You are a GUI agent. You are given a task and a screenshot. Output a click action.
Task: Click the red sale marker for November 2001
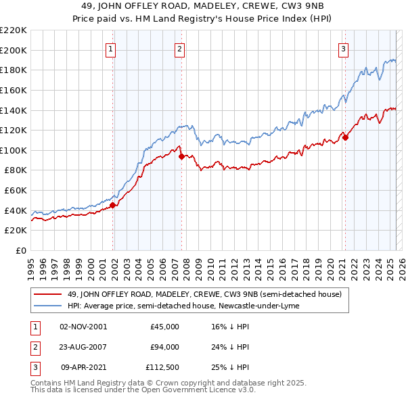113,206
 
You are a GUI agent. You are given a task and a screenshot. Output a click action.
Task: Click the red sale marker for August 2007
181,156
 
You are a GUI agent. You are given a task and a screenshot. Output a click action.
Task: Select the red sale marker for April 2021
345,138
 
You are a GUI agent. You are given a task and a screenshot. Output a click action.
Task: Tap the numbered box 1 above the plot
110,49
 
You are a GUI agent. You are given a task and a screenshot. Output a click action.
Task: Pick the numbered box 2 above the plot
179,49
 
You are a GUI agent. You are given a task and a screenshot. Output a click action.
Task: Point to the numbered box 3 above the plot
343,49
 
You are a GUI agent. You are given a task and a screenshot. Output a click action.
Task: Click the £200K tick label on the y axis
14,50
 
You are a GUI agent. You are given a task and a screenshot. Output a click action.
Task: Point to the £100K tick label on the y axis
14,150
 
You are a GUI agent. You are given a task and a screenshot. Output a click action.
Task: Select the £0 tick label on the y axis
20,250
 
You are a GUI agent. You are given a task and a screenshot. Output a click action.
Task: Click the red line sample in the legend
48,295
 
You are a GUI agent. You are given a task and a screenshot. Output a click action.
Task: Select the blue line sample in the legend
48,306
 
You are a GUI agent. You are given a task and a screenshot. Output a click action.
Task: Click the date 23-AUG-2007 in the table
83,347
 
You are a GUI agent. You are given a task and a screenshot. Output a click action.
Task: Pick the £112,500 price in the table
162,368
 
